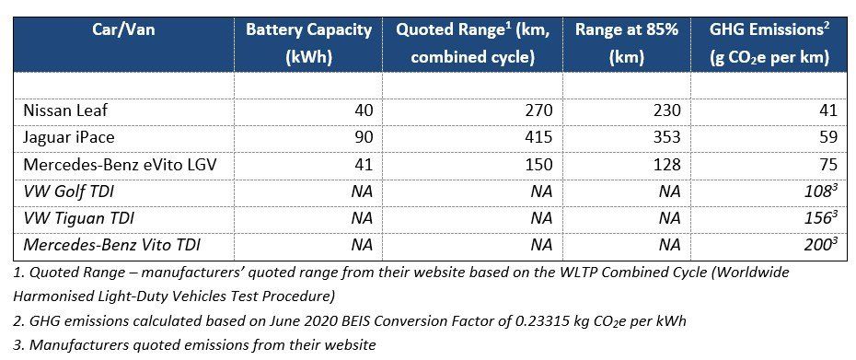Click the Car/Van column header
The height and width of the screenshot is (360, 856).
point(123,29)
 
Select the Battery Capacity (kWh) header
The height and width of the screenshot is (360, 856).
point(308,43)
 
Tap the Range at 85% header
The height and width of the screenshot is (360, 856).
point(626,43)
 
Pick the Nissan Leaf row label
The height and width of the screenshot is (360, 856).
point(65,110)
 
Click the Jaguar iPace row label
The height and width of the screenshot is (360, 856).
point(69,137)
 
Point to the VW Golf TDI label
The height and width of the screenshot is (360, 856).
point(68,192)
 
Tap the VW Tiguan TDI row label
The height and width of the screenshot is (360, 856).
point(78,218)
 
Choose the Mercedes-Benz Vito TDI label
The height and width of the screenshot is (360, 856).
point(110,245)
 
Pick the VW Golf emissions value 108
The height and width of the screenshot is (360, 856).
point(820,192)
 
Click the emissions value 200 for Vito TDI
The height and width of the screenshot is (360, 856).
point(820,245)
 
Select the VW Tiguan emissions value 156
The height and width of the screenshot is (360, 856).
point(820,218)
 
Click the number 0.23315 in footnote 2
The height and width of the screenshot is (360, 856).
point(544,321)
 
